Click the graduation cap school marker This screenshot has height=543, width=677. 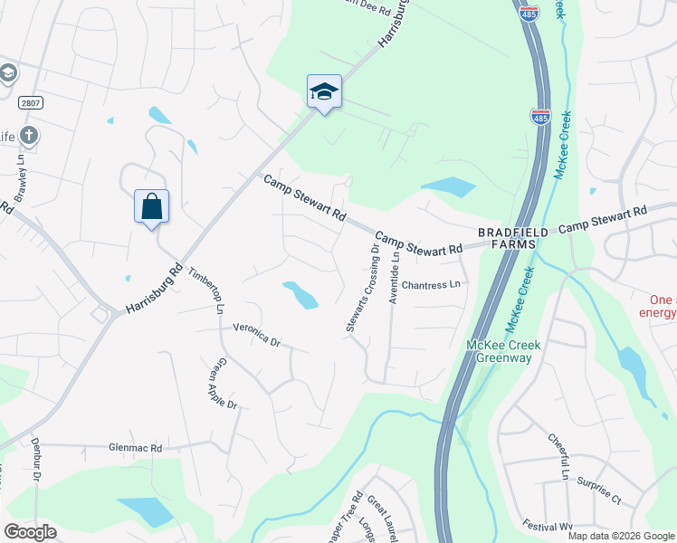324,92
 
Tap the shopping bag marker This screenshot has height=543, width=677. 151,207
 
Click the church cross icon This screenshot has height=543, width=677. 28,137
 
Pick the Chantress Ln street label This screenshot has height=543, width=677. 432,284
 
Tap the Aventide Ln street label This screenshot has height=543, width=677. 394,276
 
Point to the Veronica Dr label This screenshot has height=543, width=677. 257,336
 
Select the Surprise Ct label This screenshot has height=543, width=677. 598,491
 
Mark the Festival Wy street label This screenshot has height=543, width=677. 548,524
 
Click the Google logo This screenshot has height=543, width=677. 30,532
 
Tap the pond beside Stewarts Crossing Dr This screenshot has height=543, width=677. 300,294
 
